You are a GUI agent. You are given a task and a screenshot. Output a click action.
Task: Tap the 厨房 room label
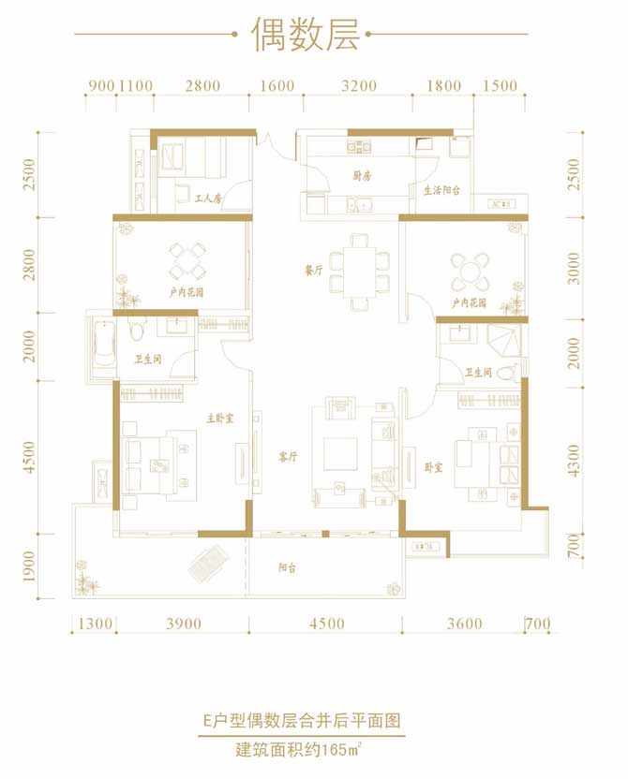click(x=364, y=175)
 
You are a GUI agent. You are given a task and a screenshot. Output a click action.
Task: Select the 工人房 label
click(x=207, y=198)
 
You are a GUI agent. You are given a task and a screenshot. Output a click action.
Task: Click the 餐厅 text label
click(x=314, y=270)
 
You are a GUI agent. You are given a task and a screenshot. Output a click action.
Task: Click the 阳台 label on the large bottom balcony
click(x=289, y=566)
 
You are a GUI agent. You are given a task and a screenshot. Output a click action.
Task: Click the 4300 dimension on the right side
click(x=576, y=461)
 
